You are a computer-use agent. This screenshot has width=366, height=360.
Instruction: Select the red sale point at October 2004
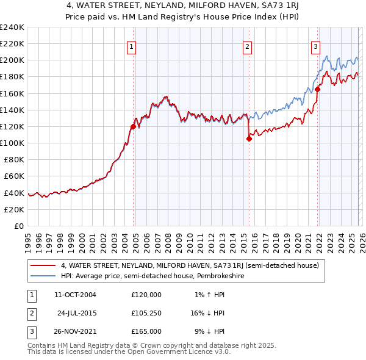point(133,126)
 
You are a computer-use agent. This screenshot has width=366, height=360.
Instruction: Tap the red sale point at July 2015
point(249,139)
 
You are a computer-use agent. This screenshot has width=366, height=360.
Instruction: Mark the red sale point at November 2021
point(317,89)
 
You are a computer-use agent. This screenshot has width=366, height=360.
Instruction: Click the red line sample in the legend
point(43,265)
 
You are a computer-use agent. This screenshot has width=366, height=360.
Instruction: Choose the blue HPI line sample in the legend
point(43,276)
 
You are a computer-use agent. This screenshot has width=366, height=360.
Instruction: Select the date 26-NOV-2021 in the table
point(74,331)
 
